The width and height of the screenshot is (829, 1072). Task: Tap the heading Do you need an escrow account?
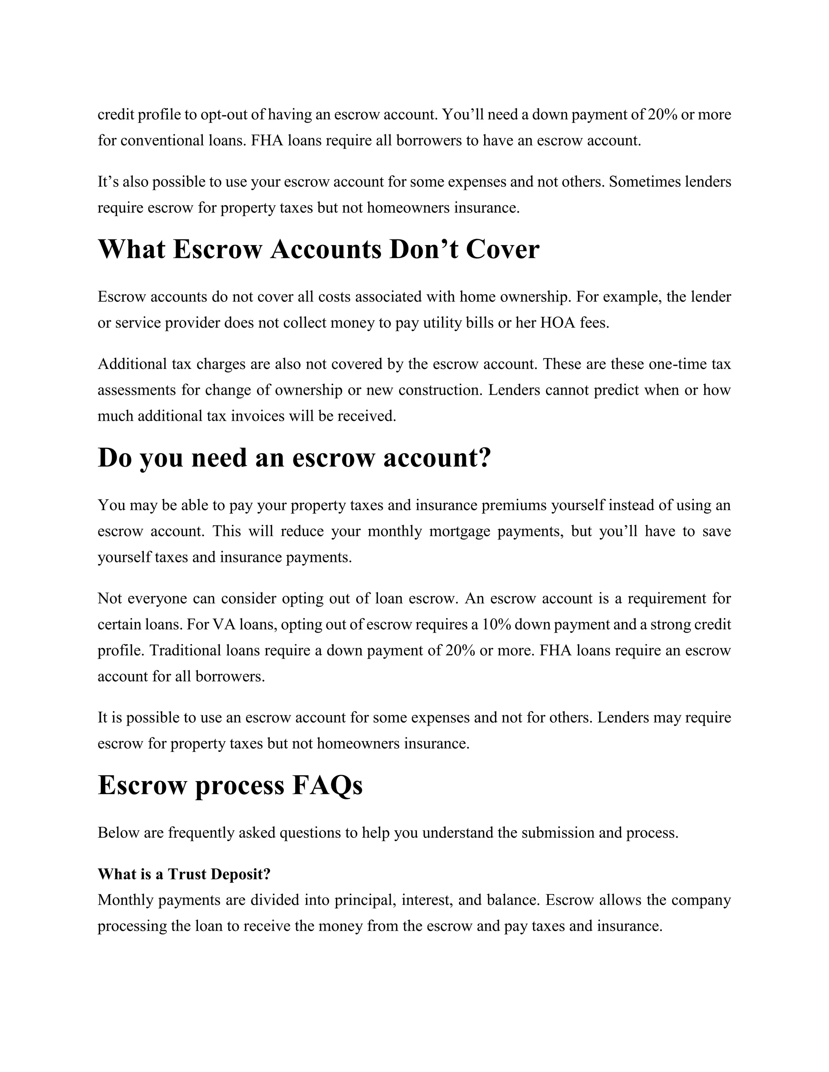point(294,458)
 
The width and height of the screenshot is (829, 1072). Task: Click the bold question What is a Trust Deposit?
point(184,874)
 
